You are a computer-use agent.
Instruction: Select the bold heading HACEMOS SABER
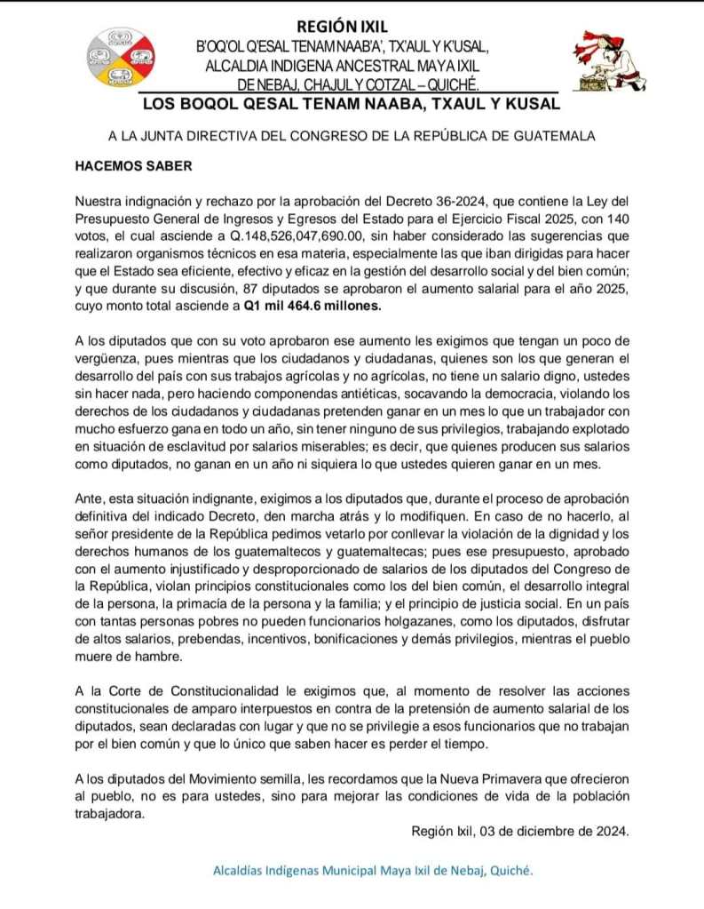127,166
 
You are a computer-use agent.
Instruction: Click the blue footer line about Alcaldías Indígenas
373,871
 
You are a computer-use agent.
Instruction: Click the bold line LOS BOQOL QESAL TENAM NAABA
351,105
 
